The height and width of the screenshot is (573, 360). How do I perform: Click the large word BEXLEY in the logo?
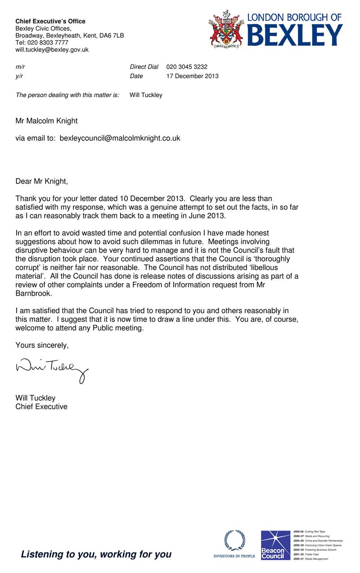(x=295, y=35)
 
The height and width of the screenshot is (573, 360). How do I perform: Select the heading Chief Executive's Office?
(x=50, y=21)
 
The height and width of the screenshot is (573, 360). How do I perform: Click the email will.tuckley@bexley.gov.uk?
(x=52, y=50)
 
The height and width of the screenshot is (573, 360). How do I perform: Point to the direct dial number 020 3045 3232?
(x=187, y=67)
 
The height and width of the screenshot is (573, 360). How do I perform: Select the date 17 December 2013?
(x=192, y=76)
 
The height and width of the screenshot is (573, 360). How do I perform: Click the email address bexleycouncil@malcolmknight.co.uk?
(x=120, y=138)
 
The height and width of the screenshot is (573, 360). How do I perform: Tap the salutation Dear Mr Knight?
(x=42, y=181)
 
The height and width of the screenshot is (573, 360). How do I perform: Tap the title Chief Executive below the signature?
(x=41, y=406)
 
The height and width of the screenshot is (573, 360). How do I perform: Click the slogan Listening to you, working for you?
(x=96, y=554)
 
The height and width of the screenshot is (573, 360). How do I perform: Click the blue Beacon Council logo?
(x=275, y=545)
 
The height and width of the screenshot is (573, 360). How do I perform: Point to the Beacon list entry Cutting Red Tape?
(x=315, y=532)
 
